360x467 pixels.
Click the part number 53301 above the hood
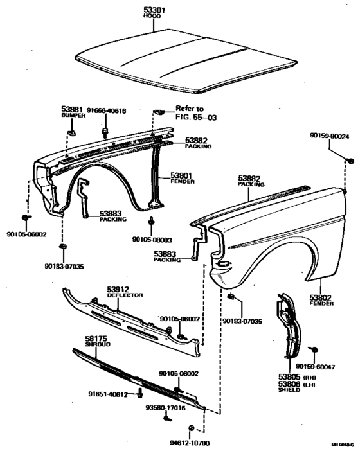(x=154, y=9)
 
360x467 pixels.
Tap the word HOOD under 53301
(x=154, y=16)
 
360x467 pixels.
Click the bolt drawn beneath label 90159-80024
(x=350, y=159)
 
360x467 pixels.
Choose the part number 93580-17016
(x=165, y=407)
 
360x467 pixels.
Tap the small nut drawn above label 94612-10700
(x=191, y=428)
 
